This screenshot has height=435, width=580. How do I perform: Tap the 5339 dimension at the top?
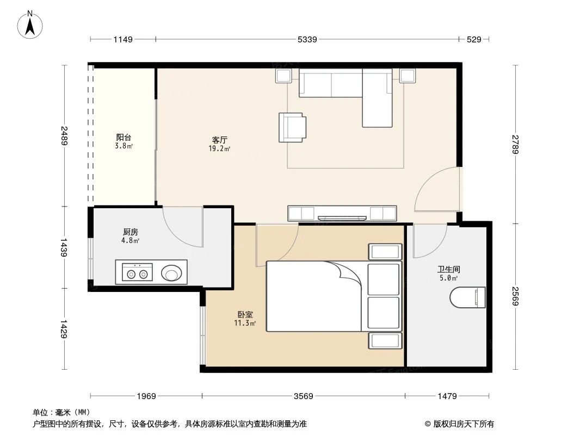click(307, 39)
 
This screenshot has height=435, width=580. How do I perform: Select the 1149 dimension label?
click(124, 39)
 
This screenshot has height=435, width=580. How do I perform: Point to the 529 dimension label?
click(474, 39)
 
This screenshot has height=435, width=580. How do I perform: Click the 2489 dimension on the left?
click(65, 135)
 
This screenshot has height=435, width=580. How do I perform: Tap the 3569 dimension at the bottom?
click(303, 396)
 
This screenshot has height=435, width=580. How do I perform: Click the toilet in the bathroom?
click(468, 297)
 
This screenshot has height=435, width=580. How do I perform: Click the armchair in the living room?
click(292, 127)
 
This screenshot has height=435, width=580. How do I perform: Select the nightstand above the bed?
click(385, 252)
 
